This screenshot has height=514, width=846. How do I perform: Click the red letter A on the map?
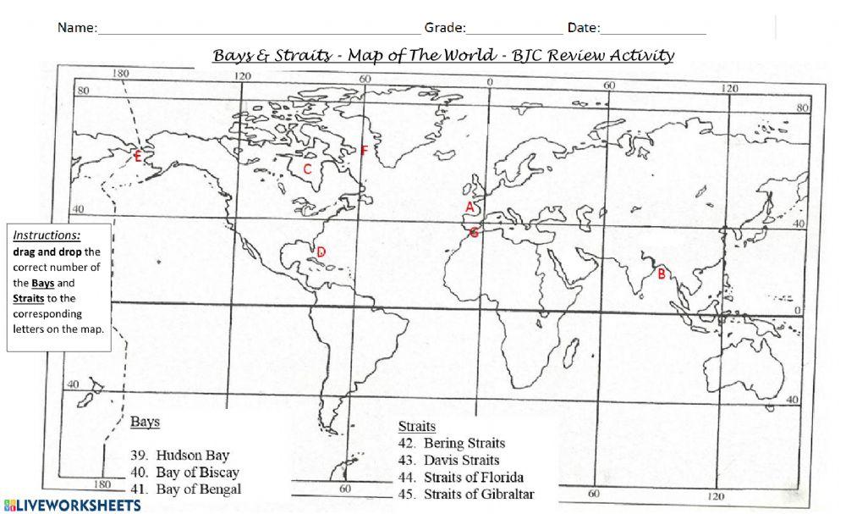point(469,206)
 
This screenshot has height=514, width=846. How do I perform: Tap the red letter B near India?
point(662,273)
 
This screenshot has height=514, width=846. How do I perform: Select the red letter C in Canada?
point(308,169)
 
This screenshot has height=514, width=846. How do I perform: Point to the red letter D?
point(321,251)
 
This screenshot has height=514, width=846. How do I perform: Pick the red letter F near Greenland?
point(364,151)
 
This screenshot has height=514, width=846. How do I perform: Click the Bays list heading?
point(146,421)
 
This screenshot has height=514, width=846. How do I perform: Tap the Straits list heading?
point(416,426)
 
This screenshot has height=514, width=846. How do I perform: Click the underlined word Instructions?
point(47,235)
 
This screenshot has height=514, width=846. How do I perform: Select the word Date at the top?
point(583,27)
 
